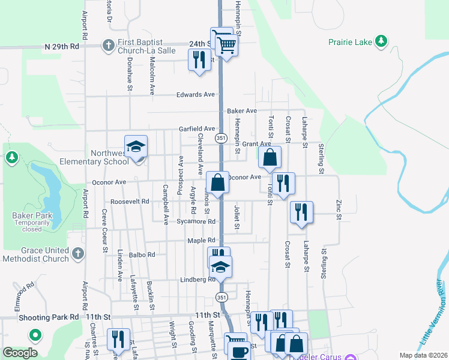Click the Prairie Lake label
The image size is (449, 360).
[x=349, y=41]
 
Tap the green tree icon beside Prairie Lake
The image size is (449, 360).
[x=381, y=41]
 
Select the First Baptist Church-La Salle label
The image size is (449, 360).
[x=146, y=46]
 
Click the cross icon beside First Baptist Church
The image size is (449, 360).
[x=108, y=45]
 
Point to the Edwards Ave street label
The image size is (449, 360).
[x=195, y=95]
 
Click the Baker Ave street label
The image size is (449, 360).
[x=242, y=111]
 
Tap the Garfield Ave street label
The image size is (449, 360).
[x=197, y=129]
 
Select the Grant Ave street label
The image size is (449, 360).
[x=256, y=144]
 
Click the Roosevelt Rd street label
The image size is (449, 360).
[x=130, y=202]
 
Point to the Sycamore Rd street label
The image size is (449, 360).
[x=196, y=221]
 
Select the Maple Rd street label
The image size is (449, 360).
[x=201, y=241]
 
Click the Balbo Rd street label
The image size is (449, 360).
[x=142, y=254]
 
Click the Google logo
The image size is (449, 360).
[x=20, y=353]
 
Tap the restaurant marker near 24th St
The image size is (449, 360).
[x=199, y=60]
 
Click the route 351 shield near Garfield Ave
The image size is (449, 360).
[x=221, y=137]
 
